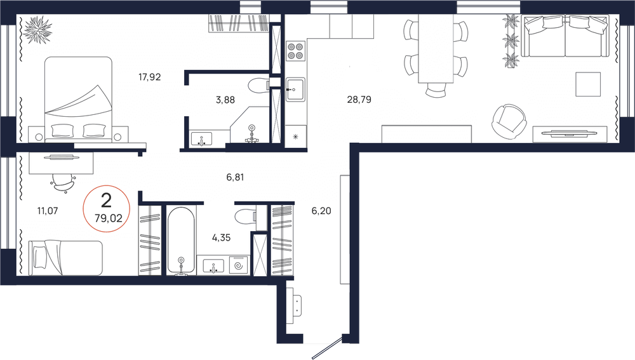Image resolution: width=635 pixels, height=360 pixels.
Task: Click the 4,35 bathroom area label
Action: (222, 237)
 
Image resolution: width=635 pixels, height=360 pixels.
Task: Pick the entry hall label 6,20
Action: (322, 208)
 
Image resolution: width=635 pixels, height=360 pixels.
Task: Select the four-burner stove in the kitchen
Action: (295, 50)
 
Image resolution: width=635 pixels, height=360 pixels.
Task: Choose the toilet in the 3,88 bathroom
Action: (259, 84)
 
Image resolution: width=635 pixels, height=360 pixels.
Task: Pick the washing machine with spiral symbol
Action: (239, 265)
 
